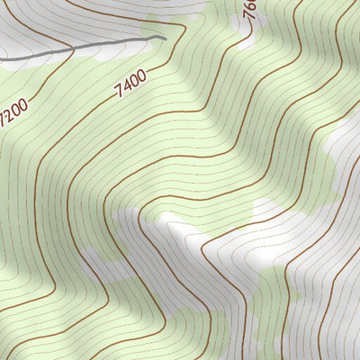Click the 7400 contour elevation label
[130, 84]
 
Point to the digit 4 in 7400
[126, 87]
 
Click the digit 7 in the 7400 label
[120, 93]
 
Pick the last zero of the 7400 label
[141, 76]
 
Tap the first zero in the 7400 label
[134, 81]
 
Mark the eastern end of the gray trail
[166, 37]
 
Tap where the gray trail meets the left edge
[1, 59]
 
